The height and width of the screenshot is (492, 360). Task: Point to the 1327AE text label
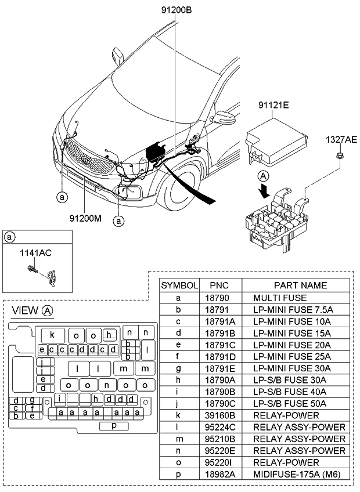point(341,139)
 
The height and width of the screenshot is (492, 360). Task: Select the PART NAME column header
point(300,285)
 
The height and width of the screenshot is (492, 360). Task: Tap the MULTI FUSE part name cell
point(280,298)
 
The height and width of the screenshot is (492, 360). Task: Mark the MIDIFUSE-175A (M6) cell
point(295,475)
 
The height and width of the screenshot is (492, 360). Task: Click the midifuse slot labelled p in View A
point(114,426)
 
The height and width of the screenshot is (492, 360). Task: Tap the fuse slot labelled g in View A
point(33,400)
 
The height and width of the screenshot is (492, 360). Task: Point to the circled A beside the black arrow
point(264,176)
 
